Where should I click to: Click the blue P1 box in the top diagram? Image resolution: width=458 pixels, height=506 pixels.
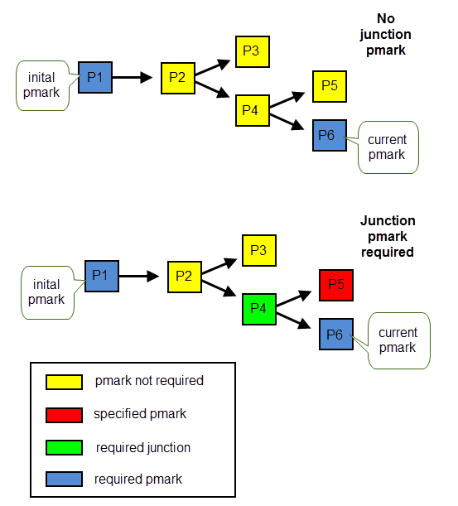coord(95,78)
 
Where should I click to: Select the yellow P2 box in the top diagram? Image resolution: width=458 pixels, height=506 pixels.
coord(178,79)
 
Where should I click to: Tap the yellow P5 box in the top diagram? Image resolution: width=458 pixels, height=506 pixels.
coord(330,86)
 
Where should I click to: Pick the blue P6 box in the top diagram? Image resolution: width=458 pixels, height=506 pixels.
coord(330,136)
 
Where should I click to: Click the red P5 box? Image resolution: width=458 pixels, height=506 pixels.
coord(336,285)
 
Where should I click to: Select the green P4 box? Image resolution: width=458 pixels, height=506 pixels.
coord(259,309)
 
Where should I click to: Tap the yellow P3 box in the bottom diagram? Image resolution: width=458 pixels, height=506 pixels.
coord(259,250)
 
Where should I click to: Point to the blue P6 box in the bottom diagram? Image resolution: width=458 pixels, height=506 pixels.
coord(336,335)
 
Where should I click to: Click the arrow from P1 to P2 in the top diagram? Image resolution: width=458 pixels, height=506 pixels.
coord(133,78)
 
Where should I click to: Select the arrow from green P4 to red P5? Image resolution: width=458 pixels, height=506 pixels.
coord(294,298)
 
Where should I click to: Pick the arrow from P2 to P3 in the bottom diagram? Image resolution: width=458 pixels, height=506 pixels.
coord(219,266)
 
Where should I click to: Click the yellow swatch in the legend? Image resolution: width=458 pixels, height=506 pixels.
coord(64,382)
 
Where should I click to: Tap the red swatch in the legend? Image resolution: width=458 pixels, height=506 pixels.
coord(64,415)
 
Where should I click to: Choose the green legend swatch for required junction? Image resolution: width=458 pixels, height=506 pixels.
coord(64,447)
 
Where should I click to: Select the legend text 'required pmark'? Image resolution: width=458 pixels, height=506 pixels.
coord(138,479)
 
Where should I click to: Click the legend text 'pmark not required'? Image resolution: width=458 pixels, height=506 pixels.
coord(149,381)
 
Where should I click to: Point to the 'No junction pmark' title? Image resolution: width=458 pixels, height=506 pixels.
coord(386,35)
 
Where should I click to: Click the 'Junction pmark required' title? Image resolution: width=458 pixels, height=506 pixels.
coord(388,237)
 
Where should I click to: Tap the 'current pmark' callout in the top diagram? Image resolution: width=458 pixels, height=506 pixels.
coord(388,147)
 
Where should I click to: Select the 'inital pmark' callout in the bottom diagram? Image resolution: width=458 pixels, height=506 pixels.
coord(48,292)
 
